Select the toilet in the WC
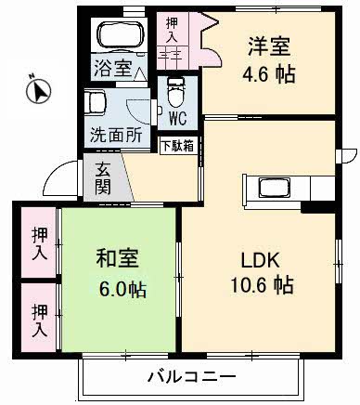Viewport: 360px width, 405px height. click(x=175, y=94)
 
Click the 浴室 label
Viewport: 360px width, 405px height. click(x=109, y=67)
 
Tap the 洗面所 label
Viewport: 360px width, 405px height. click(x=116, y=135)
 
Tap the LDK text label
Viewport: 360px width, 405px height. click(x=261, y=259)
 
